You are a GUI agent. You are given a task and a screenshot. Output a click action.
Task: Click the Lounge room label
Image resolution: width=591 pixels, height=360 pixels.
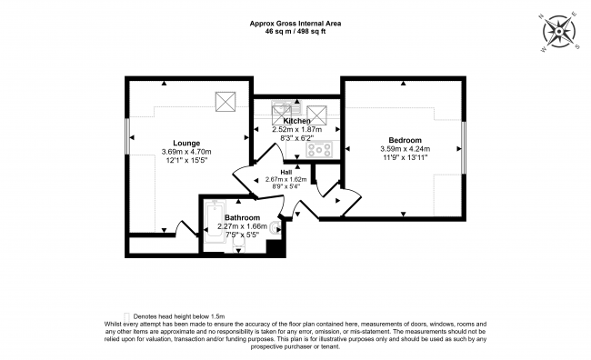(x=186, y=144)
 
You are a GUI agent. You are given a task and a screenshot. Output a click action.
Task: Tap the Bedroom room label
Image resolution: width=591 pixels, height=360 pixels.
(x=406, y=140)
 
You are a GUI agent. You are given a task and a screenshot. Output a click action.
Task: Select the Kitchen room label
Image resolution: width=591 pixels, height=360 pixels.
(x=297, y=121)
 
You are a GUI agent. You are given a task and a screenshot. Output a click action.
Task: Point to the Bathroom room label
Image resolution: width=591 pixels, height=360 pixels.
(x=243, y=217)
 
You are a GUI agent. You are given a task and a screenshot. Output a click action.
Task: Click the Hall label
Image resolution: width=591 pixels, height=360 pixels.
(x=286, y=173)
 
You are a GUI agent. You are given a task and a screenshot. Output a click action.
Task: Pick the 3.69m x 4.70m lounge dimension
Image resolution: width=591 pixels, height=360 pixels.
(x=186, y=152)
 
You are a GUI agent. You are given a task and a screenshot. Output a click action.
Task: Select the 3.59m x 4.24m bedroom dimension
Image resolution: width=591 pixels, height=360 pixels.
(x=406, y=149)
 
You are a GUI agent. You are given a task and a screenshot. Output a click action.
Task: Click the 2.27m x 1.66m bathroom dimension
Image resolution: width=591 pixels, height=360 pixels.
(x=243, y=226)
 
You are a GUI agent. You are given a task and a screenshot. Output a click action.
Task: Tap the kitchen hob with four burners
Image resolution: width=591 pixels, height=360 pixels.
(x=319, y=149)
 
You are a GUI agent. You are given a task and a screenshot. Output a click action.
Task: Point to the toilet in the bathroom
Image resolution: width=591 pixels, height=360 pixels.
(x=275, y=229)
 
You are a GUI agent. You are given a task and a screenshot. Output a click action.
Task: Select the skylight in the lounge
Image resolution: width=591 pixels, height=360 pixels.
(x=225, y=102)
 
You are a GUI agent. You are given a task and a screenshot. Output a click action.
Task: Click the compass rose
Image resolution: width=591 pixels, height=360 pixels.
(x=559, y=32)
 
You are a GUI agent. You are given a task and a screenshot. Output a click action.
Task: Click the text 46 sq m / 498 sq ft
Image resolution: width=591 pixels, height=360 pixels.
(x=295, y=32)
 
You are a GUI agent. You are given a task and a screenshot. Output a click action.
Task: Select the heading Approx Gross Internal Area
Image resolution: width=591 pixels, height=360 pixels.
(x=295, y=24)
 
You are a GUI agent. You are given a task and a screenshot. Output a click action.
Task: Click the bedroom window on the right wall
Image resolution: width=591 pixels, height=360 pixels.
(x=464, y=148)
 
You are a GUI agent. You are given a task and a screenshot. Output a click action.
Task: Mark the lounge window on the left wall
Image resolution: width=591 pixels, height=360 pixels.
(x=127, y=136)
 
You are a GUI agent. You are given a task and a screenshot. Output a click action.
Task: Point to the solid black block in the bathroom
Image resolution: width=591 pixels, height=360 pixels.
(x=275, y=247)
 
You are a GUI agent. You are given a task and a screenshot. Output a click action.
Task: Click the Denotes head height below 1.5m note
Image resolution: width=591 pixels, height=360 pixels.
(x=179, y=316)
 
